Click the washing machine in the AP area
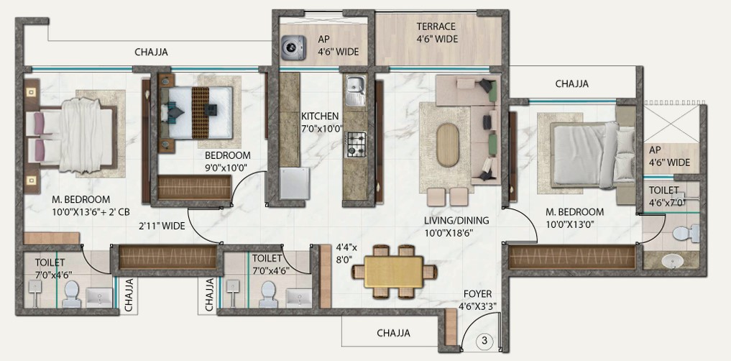pos(294,47)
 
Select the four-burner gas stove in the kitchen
pos(356,145)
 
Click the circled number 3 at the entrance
pos(484,341)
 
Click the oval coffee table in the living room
pos(448,145)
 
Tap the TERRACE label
pos(436,26)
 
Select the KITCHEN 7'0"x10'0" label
pos(322,122)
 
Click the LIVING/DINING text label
pos(456,221)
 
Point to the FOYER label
pos(477,294)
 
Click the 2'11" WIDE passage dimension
pos(162,227)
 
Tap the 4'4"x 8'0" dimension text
pos(349,253)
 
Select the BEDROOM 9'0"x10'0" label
pos(228,161)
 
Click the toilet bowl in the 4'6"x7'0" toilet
pos(685,233)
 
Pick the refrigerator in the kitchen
pos(294,183)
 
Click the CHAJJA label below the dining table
pos(393,333)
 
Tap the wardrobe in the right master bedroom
pos(572,257)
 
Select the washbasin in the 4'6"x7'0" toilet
pos(672,261)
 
